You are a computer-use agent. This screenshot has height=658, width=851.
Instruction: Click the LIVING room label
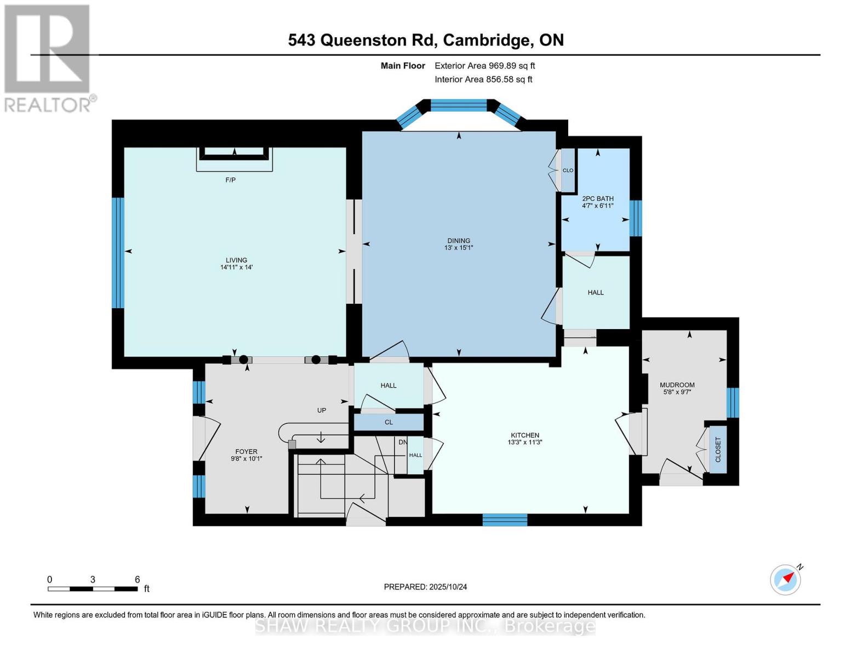236,260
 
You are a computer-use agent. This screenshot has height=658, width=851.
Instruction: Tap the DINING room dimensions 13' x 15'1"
459,248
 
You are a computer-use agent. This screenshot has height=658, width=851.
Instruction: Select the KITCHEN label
524,435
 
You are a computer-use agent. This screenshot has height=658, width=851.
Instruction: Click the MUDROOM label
677,385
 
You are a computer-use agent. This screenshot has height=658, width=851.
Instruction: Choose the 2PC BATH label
597,198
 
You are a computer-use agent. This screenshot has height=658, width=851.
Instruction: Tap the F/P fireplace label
231,180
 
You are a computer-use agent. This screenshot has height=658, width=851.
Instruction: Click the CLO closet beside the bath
568,171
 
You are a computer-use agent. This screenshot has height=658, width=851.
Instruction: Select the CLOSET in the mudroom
718,450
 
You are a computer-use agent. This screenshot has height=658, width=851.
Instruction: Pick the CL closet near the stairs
389,422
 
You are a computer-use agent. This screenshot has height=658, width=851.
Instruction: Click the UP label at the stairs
322,410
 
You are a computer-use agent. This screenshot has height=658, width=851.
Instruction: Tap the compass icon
785,580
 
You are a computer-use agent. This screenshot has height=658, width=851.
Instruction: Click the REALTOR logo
48,58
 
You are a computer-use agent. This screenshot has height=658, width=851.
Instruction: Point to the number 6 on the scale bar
138,580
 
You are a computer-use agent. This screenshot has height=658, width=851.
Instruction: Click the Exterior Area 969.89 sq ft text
484,66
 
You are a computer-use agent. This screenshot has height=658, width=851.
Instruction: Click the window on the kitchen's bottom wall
505,519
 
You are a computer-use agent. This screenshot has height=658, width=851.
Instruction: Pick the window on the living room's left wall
118,253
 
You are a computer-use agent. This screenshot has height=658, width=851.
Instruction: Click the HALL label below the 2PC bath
596,293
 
